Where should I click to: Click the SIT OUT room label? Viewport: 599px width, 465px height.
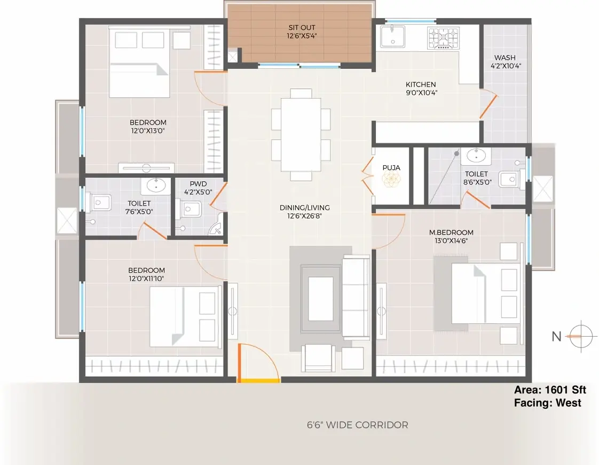pos(302,28)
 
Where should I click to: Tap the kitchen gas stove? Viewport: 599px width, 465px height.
pos(443,38)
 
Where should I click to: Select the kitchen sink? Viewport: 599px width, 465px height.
pos(392,37)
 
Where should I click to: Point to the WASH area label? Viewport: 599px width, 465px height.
pos(505,58)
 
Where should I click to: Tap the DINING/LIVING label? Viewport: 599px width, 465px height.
pos(304,207)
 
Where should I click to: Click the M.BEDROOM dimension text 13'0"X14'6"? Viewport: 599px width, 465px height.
pos(451,241)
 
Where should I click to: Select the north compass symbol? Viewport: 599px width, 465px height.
pos(581,337)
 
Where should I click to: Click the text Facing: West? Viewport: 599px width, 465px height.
pos(547,402)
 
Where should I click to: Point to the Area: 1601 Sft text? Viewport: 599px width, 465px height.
pos(550,390)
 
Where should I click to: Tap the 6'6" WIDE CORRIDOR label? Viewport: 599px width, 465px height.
pos(358,425)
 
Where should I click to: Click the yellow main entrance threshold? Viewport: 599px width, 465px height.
pos(258,381)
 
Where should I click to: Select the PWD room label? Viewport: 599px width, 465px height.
pos(198,184)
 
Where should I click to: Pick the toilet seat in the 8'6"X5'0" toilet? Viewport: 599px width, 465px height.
pos(510,179)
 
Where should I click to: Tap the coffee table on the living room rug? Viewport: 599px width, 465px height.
pos(320,299)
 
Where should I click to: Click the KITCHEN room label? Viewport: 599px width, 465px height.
pos(421,84)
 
